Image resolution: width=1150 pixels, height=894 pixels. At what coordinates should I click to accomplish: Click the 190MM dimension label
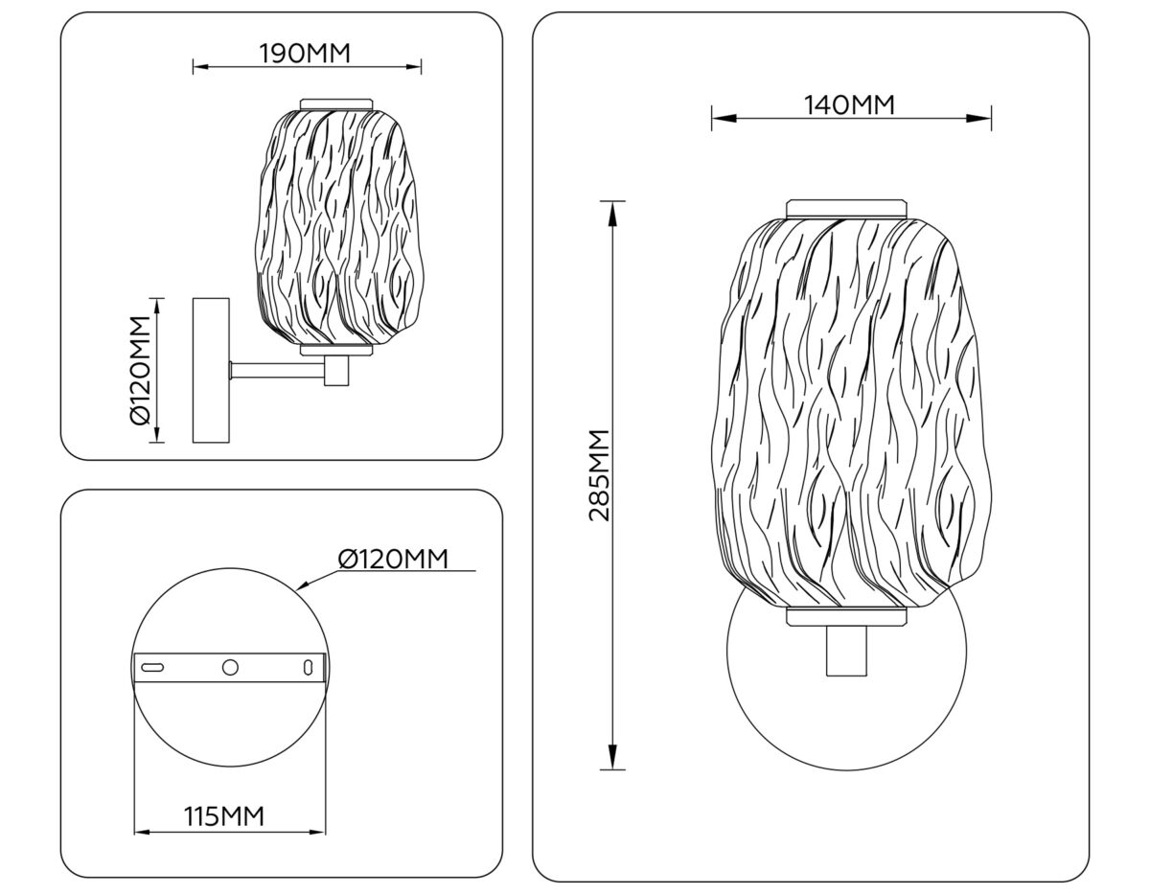click(305, 54)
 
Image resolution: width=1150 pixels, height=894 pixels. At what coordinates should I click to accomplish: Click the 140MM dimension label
click(849, 105)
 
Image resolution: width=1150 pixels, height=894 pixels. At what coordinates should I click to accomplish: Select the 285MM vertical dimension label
click(600, 475)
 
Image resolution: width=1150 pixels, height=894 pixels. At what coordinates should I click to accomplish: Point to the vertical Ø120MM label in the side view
click(141, 370)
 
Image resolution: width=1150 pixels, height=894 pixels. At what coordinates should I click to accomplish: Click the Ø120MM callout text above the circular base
click(393, 559)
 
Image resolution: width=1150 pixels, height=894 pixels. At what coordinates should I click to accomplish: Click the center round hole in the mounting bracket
click(230, 668)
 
